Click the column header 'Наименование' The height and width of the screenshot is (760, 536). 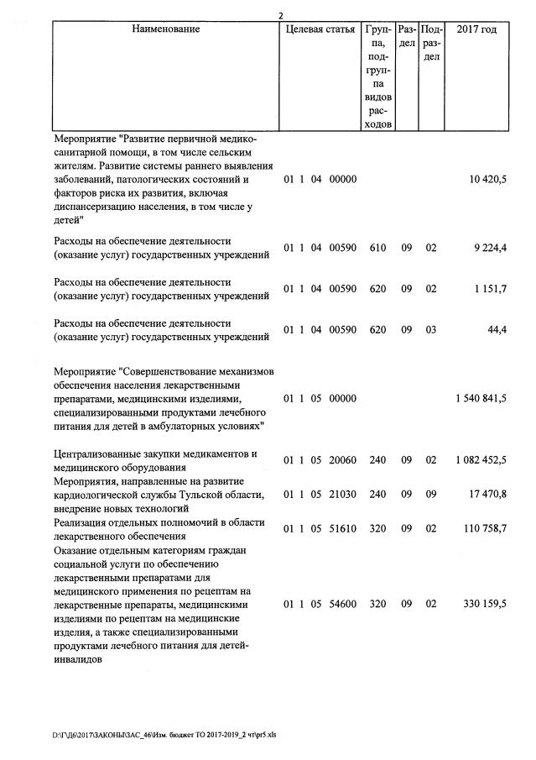point(165,30)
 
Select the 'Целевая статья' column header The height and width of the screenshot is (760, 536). point(320,30)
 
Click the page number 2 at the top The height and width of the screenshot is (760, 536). point(281,15)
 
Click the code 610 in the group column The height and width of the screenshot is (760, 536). point(377,249)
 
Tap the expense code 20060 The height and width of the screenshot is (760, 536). point(344,460)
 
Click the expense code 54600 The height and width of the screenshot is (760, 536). point(344,603)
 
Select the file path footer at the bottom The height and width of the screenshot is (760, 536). point(164,734)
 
